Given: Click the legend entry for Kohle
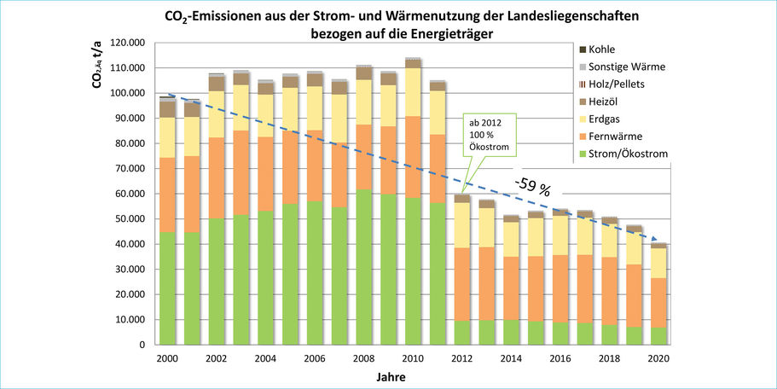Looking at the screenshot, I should pyautogui.click(x=606, y=49).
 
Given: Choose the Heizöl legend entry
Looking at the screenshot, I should pyautogui.click(x=607, y=100).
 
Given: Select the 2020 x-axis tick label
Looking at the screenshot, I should pyautogui.click(x=659, y=359).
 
